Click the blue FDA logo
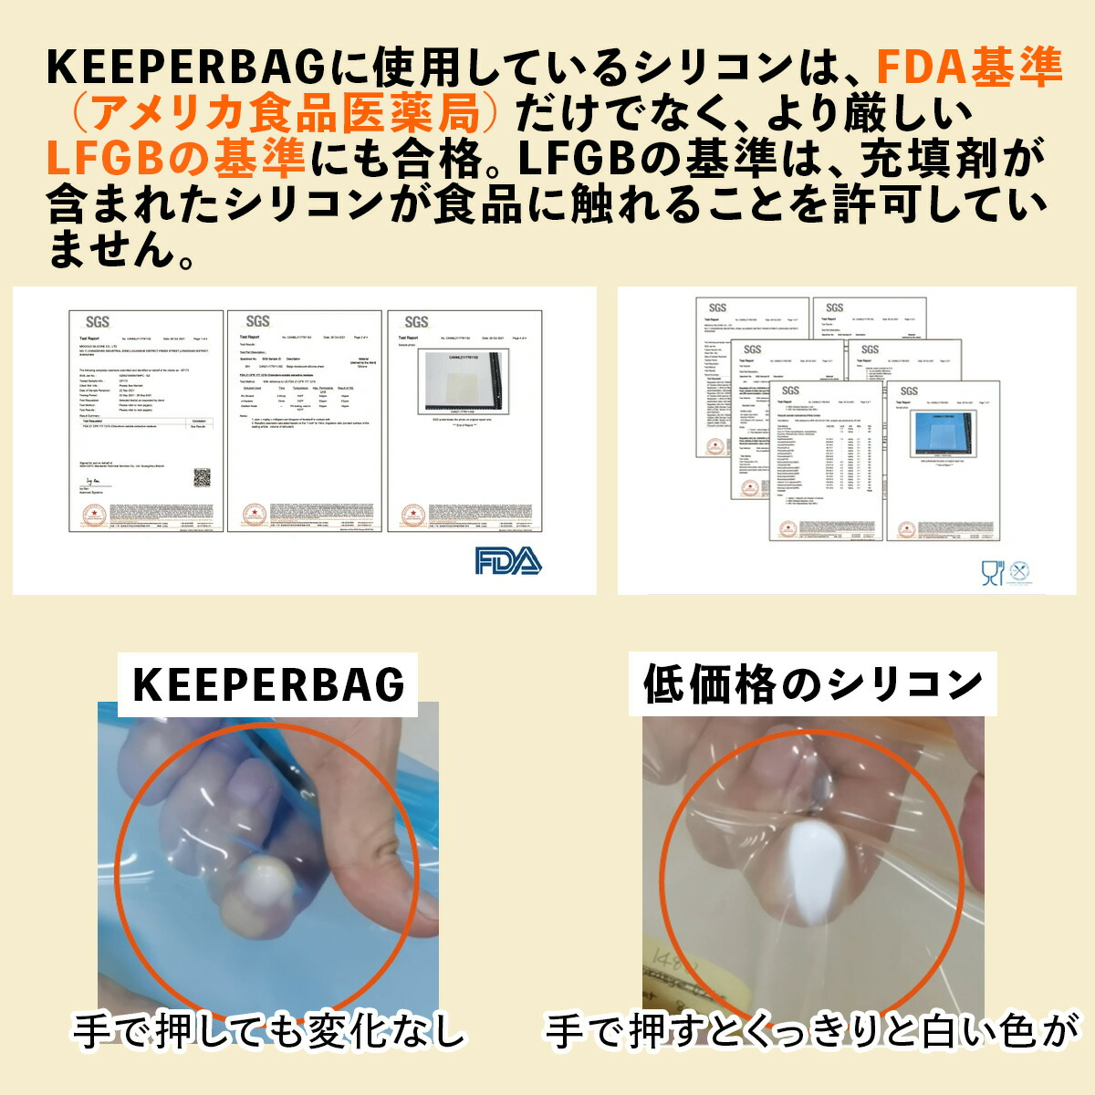click(x=508, y=560)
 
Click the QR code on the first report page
click(x=202, y=477)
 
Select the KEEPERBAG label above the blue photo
click(x=269, y=684)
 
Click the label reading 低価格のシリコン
click(x=812, y=684)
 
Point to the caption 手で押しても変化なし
click(x=270, y=1032)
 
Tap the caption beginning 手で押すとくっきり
click(x=812, y=1032)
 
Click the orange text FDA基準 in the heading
click(x=969, y=68)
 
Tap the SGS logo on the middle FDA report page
click(x=258, y=321)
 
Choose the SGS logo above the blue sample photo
click(x=909, y=391)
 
